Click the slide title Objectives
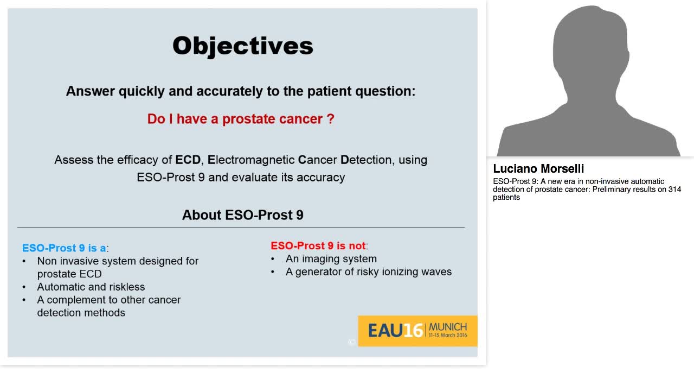coord(242,46)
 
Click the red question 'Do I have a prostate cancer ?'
coord(241,119)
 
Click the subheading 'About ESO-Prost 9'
coord(242,215)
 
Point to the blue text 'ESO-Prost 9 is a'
coord(64,248)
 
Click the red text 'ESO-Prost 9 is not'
coord(318,245)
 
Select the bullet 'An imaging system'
coord(331,259)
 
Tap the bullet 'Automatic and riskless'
coord(91,287)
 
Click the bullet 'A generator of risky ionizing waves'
coord(368,272)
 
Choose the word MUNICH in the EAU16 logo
coord(447,327)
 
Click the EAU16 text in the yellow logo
coord(395,330)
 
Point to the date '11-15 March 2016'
coord(447,336)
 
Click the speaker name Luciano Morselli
coord(538,168)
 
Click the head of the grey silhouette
coord(590,49)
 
